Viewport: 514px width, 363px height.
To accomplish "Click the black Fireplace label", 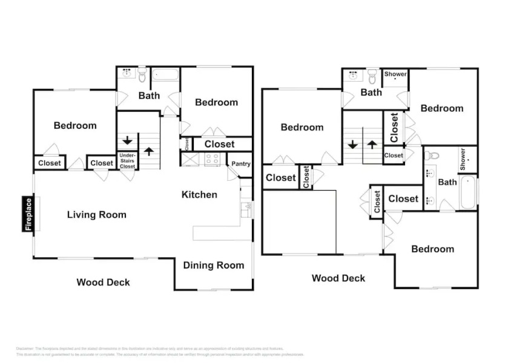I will [28, 214].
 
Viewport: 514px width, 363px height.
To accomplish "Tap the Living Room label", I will [96, 215].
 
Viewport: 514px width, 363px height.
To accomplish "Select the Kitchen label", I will [199, 195].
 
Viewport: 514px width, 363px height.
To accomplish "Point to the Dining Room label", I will [213, 265].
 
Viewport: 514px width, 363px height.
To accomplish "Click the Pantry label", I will [240, 164].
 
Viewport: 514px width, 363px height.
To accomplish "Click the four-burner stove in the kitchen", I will [213, 160].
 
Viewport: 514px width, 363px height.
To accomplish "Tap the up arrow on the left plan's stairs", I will [149, 151].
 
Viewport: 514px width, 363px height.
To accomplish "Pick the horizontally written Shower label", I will [395, 74].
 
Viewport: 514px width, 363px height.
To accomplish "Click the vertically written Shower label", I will [463, 159].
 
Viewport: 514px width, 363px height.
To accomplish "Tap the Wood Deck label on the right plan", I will [338, 278].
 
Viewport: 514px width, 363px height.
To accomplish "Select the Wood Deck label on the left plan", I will [103, 282].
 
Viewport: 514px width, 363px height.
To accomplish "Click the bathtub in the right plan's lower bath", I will [469, 192].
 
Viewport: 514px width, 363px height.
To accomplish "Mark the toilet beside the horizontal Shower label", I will [372, 76].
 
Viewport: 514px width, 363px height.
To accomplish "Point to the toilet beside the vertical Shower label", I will [432, 155].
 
